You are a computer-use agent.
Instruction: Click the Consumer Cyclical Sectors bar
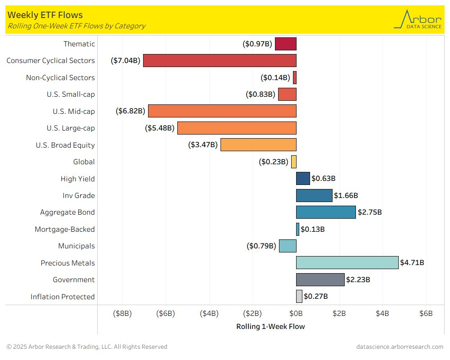pos(220,60)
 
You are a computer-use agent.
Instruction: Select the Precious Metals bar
pos(347,262)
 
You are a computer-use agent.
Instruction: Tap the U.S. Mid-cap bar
pos(222,111)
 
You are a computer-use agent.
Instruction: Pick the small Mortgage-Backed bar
pos(297,229)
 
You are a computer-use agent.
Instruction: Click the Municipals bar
pos(288,246)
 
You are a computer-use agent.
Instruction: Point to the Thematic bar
pos(286,44)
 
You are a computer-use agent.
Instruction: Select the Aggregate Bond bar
pos(326,212)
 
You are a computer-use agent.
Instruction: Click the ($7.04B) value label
pos(126,60)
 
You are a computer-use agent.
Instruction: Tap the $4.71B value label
pos(412,262)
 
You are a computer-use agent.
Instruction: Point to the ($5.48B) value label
pos(159,128)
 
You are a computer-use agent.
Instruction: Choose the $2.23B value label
pos(358,279)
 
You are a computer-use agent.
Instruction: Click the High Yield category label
pos(77,179)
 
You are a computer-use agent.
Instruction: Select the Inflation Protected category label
pos(63,297)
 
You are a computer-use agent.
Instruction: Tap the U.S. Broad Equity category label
pos(65,145)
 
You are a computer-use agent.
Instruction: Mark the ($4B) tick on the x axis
pos(209,313)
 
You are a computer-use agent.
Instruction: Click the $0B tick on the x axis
pos(296,313)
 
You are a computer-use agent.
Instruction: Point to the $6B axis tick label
pos(426,313)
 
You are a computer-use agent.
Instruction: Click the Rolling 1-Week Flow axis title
pos(270,327)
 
